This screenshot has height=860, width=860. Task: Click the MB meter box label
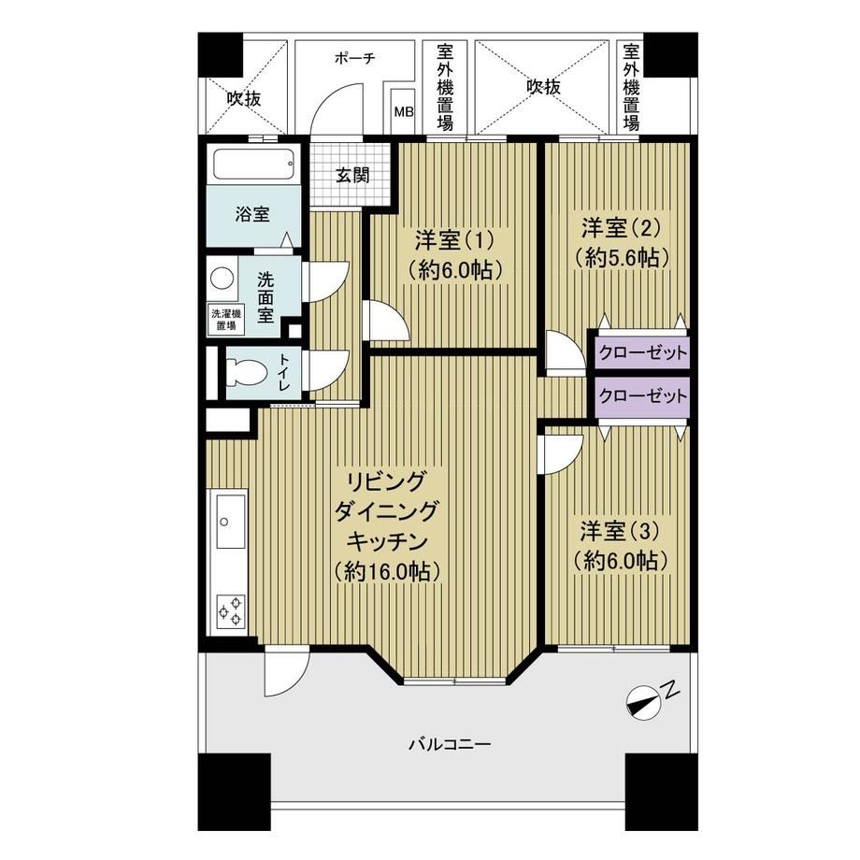coord(404,111)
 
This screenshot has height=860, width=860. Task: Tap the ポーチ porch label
coord(355,58)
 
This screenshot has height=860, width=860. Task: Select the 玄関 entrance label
coord(352,176)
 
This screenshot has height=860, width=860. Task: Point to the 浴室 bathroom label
coord(252,214)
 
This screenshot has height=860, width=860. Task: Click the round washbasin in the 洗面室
coord(222,278)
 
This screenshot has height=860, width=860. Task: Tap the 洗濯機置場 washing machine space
coord(226,320)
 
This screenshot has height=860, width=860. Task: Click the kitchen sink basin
coord(230,521)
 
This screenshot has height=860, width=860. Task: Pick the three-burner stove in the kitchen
coord(230,611)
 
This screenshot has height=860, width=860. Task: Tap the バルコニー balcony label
coord(450,745)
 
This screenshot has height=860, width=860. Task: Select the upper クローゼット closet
coord(642,352)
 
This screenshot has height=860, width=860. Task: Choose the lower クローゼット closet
coord(642,396)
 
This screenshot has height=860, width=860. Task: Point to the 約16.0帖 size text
coord(388,572)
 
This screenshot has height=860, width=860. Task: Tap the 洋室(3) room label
coord(620,530)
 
